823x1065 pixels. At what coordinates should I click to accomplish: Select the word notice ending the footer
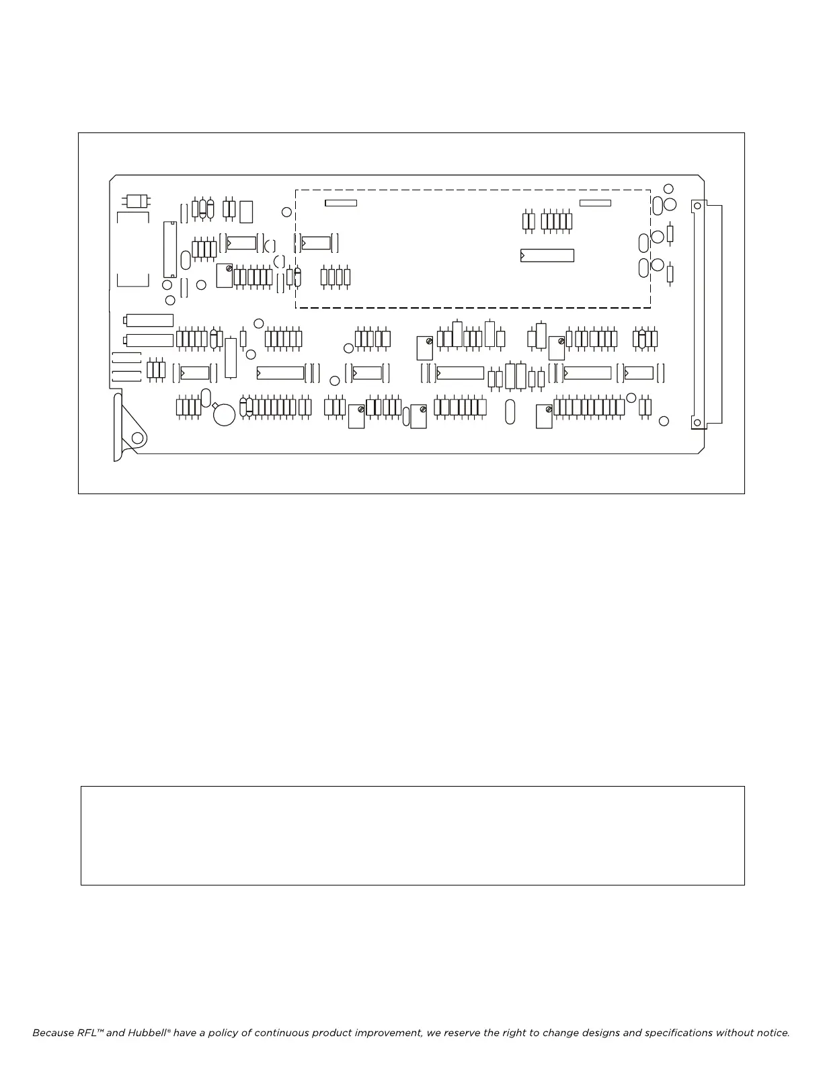tap(771, 1033)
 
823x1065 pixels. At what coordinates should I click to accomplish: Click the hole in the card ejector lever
tap(138, 438)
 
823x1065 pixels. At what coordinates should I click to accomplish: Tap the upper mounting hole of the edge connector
tap(697, 204)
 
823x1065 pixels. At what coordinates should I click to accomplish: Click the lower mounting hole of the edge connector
tap(697, 423)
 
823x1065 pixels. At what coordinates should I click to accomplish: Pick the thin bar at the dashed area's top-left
tap(341, 203)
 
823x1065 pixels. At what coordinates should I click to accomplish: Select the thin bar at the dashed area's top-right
tap(595, 203)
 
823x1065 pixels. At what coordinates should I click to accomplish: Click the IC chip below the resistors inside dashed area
tap(547, 255)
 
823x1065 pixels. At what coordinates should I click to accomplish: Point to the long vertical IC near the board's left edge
tap(169, 249)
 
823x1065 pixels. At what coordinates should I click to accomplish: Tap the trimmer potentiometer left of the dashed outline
tap(225, 275)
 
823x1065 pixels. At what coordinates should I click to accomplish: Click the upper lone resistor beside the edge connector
tap(670, 234)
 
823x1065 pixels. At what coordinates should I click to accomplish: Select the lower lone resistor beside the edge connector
tap(670, 274)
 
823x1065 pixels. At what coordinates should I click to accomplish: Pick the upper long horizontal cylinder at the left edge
tap(149, 321)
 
